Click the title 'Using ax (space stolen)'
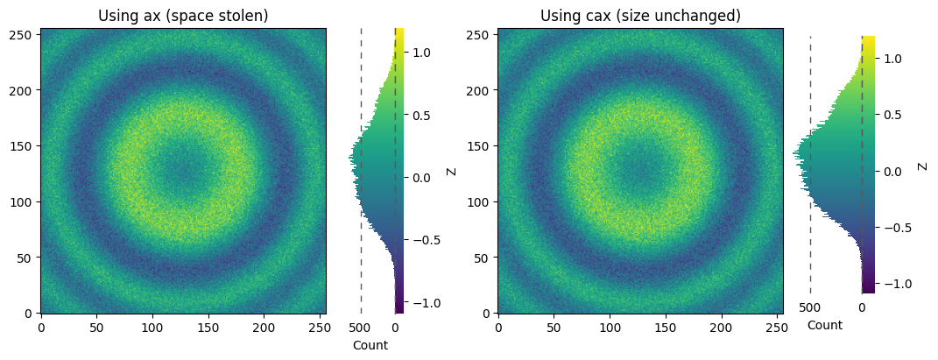pos(183,16)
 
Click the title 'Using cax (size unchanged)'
pos(641,16)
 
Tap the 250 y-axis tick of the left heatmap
pos(25,34)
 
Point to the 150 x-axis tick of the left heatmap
pos(208,328)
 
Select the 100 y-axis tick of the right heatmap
pos(483,202)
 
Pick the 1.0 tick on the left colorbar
pos(420,53)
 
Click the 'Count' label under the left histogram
pos(370,345)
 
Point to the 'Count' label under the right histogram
pos(825,325)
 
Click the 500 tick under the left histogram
pos(361,328)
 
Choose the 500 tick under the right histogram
pos(810,308)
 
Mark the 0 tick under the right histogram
pos(862,308)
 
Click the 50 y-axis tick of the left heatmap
pos(29,258)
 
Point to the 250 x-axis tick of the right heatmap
pos(778,328)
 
